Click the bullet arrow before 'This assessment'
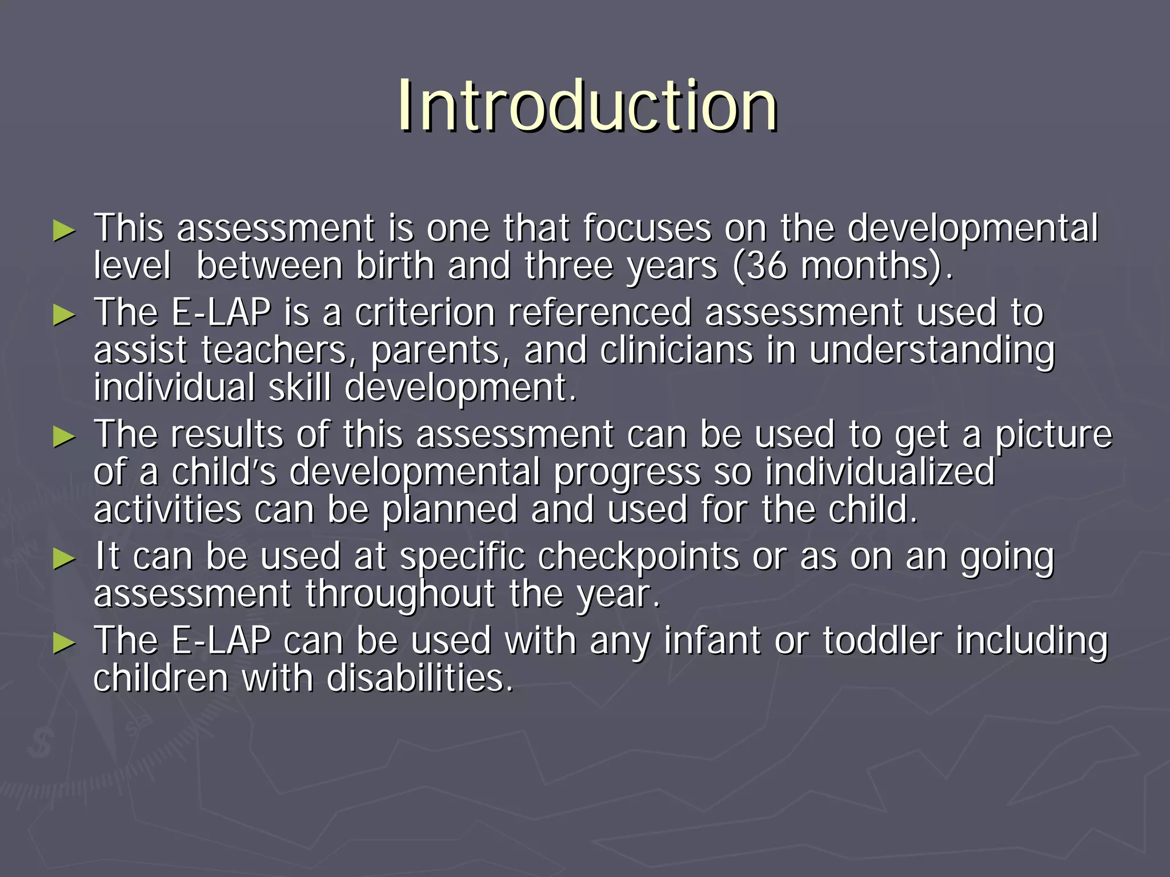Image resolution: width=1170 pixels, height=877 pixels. click(64, 230)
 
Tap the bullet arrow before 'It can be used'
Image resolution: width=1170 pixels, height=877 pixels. click(64, 559)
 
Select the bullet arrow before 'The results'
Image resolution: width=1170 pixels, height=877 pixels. click(64, 437)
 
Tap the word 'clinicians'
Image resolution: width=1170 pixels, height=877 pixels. click(676, 351)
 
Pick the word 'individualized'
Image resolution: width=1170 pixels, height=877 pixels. click(880, 472)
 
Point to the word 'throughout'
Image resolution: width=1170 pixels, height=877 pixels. click(399, 595)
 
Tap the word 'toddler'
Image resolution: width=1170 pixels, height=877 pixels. click(882, 640)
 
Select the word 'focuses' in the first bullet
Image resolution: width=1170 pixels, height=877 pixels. click(647, 228)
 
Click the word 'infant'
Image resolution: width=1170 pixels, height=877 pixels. click(712, 640)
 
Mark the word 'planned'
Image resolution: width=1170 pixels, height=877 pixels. click(450, 511)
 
